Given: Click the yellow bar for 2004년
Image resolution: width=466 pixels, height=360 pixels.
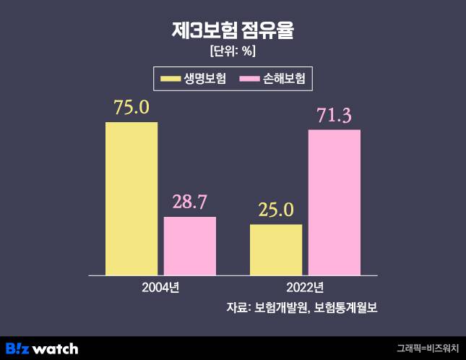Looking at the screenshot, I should tap(131, 198).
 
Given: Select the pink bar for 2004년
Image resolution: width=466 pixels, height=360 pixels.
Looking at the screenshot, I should tap(190, 246).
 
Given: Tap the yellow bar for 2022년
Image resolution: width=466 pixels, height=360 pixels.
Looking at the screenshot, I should tap(276, 249).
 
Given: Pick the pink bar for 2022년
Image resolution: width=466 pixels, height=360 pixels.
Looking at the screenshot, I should tap(334, 202).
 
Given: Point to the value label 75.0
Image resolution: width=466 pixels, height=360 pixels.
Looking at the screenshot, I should tap(131, 107).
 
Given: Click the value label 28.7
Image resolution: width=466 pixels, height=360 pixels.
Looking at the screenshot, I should tap(190, 202).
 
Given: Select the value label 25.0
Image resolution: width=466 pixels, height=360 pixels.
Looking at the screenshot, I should tap(276, 210).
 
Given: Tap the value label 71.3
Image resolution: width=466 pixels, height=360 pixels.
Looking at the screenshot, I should tap(334, 115).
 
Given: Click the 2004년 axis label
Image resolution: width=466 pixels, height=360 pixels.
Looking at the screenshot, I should tap(160, 287).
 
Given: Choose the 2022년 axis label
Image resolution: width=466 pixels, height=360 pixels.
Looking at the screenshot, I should tap(305, 287).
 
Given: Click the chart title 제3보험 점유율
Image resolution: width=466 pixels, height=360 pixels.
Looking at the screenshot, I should tap(233, 30).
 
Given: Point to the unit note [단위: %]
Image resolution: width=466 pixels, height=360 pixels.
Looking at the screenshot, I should tap(233, 51).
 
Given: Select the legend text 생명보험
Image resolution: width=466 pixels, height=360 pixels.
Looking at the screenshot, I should tap(205, 78).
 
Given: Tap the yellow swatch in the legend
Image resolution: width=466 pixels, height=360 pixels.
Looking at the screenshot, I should tap(171, 78).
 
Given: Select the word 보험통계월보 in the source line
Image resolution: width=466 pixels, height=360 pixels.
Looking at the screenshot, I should tap(347, 308).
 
